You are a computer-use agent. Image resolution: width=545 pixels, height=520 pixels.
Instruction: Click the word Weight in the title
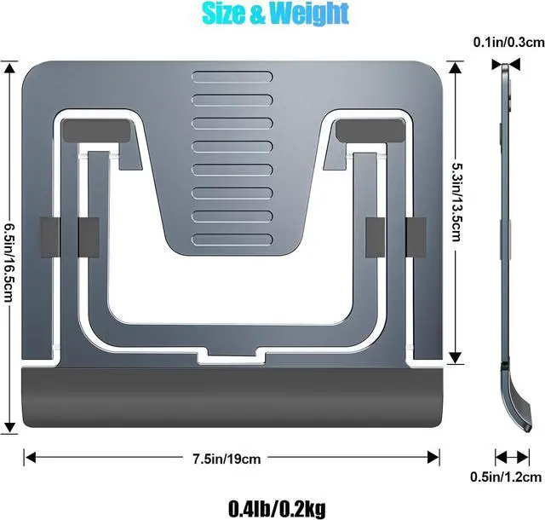point(310,14)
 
